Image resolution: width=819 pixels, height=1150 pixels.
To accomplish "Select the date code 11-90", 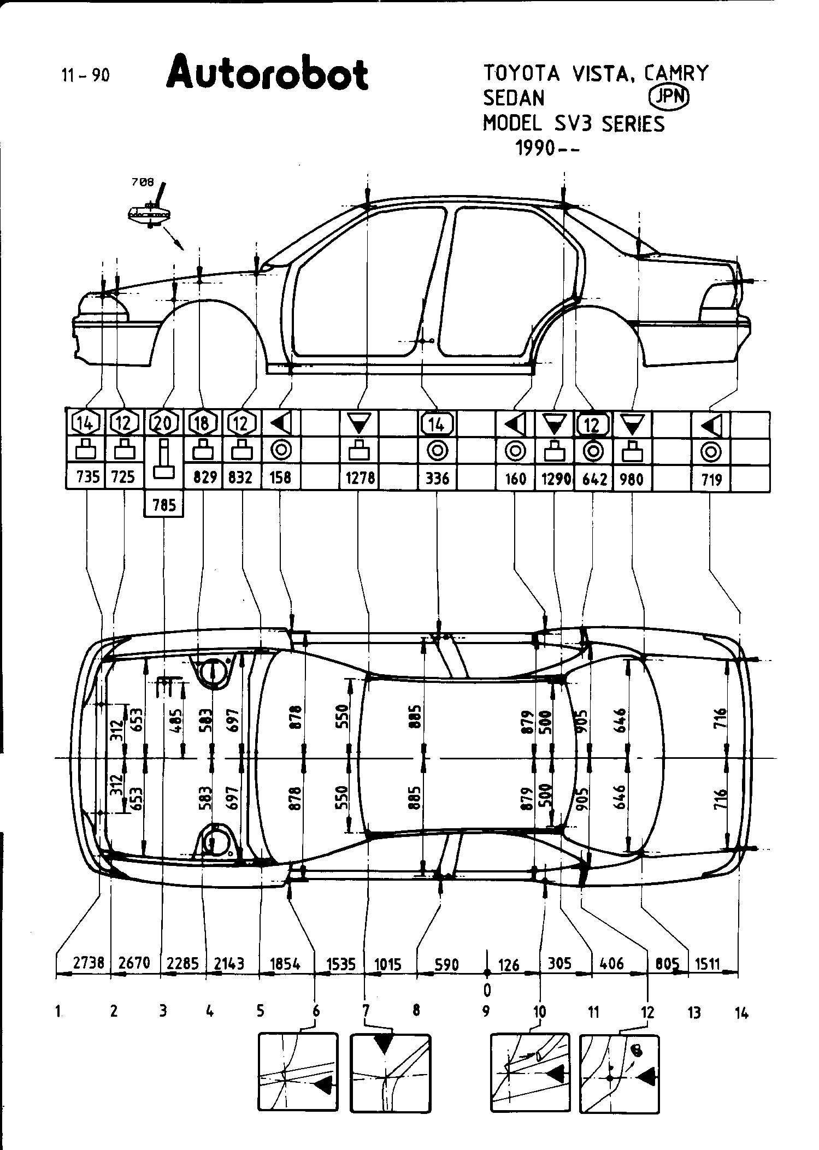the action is pos(85,75).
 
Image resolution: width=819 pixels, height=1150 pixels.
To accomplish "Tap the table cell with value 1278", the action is pos(360,478).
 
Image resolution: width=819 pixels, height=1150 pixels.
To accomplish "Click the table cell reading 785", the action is pos(164,504).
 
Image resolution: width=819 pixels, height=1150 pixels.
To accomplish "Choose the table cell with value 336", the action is pos(437,479).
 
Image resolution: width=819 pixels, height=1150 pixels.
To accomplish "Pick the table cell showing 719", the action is pos(711,480).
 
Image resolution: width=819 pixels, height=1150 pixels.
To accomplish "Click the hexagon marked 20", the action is pos(164,423).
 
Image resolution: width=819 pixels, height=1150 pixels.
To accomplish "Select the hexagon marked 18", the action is pos(203,423).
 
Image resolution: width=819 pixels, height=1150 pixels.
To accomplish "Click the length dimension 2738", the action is pos(89,962).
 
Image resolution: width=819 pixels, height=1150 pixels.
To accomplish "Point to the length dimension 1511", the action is pos(707,963).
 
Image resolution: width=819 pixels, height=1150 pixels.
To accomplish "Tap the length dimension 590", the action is pos(446,964).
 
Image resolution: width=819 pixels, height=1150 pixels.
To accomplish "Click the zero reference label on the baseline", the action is pos(487,989).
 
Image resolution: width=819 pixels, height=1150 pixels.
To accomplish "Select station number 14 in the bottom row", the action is pos(741,1013).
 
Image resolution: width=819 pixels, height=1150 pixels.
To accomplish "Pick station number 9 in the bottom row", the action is pos(486,1012).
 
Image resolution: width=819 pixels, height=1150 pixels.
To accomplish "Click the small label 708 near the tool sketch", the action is pos(143,182).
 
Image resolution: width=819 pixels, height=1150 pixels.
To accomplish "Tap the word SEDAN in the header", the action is pos(514,98).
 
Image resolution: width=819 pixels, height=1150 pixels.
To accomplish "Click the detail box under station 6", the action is pos(298,1080).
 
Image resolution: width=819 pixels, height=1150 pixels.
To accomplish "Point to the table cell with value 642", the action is pos(594,479).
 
